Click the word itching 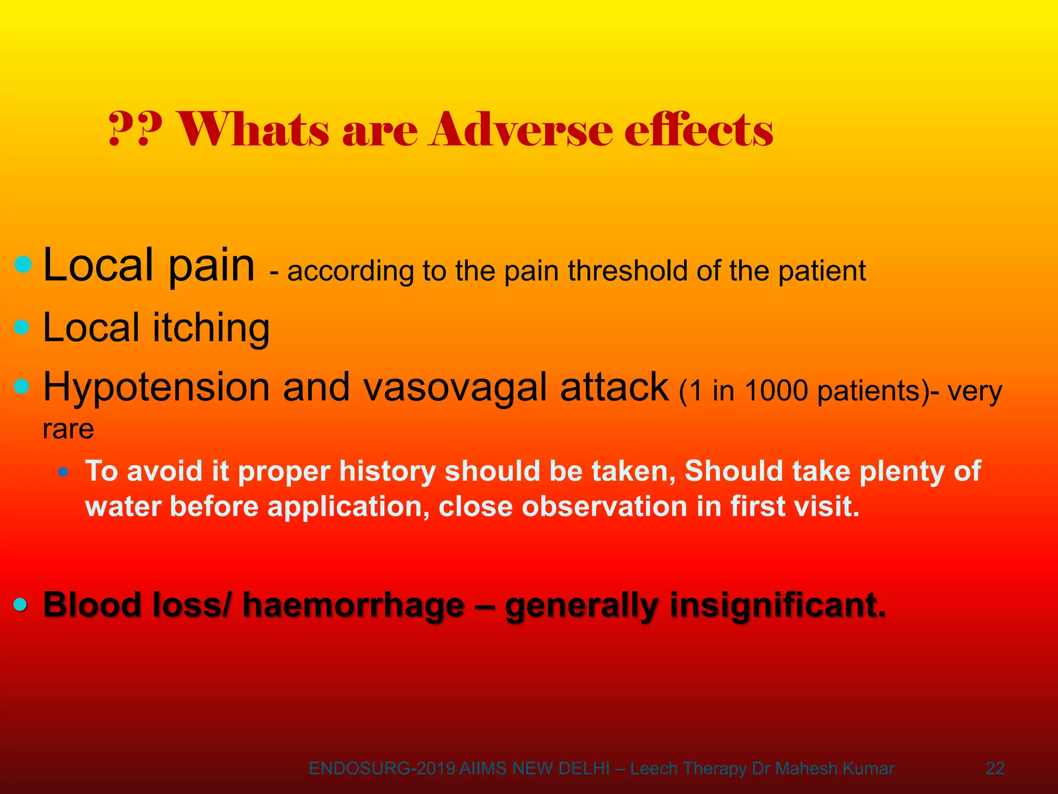coord(211,329)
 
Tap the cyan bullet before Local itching coord(22,327)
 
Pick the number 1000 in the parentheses coord(776,391)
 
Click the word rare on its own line coord(68,429)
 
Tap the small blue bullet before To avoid coord(63,471)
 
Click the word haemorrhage coord(353,605)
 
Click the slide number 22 coord(995,769)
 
